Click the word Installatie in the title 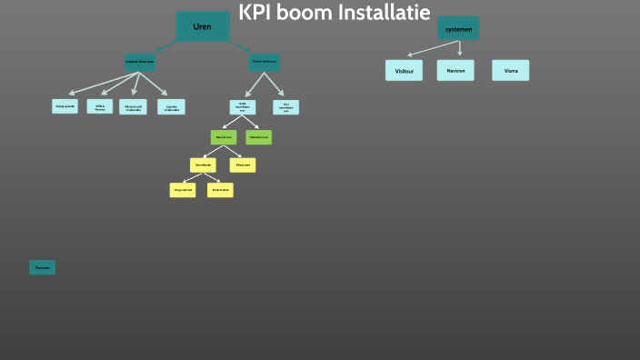click(384, 13)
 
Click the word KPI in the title click(258, 13)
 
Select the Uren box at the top click(202, 26)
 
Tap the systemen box click(458, 28)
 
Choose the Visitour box click(404, 70)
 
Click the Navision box click(455, 70)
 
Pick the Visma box click(511, 70)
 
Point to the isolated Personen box click(42, 267)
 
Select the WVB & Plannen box click(100, 106)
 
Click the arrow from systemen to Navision click(459, 49)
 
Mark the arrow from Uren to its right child click(239, 45)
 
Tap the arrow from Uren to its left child click(166, 45)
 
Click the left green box click(224, 137)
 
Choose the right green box click(258, 137)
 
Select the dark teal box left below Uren click(140, 63)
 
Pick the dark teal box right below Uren click(264, 63)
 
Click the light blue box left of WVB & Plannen click(65, 106)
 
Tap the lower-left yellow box click(183, 190)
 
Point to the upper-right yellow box click(243, 165)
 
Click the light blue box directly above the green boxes click(243, 106)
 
